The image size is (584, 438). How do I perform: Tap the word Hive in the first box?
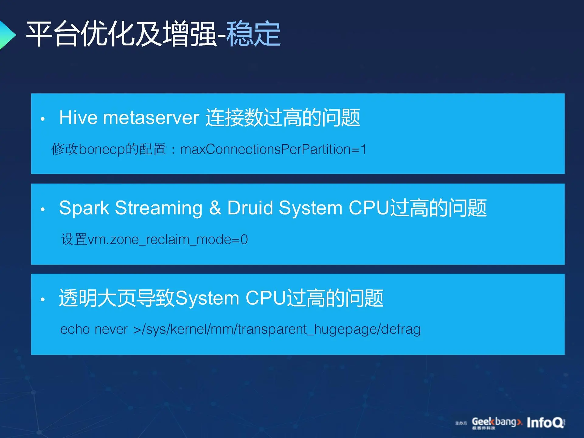click(78, 117)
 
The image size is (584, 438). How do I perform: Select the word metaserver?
click(151, 118)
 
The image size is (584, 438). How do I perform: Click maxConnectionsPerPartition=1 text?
click(273, 149)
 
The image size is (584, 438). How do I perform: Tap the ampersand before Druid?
click(215, 208)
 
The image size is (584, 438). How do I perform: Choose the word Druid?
click(250, 208)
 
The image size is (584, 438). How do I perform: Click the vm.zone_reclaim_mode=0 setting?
click(168, 240)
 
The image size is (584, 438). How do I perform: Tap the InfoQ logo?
click(546, 422)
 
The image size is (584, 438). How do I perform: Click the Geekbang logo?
click(497, 423)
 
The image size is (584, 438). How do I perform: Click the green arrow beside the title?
click(7, 34)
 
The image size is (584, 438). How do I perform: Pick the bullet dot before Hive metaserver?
click(43, 119)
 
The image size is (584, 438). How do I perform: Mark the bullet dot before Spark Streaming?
click(43, 209)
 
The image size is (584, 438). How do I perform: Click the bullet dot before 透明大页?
click(43, 299)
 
